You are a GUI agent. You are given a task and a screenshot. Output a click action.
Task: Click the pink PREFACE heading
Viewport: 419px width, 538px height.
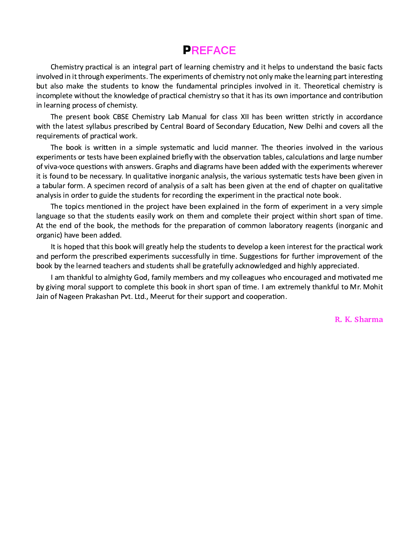[209, 50]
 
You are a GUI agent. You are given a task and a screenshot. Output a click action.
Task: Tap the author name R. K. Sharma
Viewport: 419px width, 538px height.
[358, 319]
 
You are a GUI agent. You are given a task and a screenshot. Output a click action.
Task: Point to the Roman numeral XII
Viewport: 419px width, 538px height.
[244, 117]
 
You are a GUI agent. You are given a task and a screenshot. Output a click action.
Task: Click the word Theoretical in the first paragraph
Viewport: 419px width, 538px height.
[322, 86]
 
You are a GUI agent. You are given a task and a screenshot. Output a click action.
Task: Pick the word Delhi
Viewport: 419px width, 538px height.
[314, 126]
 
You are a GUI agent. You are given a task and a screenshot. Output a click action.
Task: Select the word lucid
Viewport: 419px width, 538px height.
[221, 147]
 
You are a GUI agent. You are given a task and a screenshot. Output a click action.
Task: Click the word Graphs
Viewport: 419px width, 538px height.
[167, 167]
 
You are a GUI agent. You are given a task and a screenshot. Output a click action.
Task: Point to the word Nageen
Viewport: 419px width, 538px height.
[71, 296]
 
